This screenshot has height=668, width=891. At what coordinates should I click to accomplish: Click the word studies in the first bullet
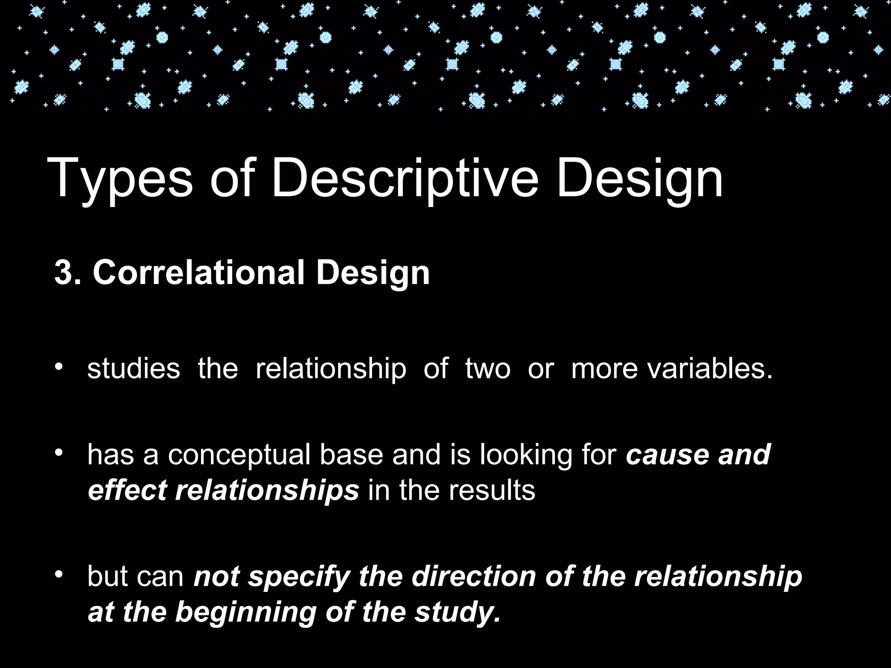134,368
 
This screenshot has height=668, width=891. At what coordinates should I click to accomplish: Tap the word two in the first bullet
488,368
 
